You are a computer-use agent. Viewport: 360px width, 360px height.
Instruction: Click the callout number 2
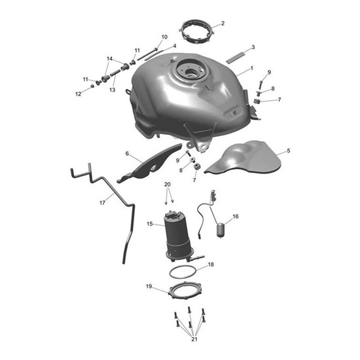[x=223, y=23]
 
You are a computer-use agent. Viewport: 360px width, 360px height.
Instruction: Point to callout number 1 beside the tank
[x=251, y=68]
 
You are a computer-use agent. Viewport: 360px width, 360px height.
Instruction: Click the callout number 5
[x=289, y=151]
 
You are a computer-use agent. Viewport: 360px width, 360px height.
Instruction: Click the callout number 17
[x=102, y=203]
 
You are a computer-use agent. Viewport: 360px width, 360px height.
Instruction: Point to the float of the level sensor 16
[x=221, y=230]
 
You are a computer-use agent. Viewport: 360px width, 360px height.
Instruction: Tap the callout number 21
[x=194, y=339]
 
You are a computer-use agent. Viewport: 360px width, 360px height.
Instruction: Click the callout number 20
[x=168, y=184]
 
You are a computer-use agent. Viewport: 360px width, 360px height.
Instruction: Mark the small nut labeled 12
[x=92, y=86]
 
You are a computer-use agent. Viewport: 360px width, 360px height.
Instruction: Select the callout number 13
[x=112, y=90]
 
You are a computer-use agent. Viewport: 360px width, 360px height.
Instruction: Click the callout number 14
[x=109, y=59]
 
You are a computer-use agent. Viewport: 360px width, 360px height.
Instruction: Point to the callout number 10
[x=164, y=37]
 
